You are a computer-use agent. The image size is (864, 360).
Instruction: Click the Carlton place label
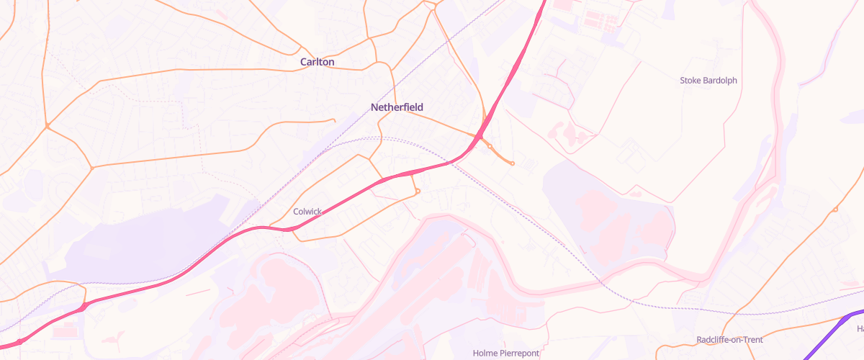point(318,62)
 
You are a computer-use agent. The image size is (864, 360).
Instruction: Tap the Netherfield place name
point(397,107)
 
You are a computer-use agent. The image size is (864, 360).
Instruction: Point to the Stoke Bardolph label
point(708,81)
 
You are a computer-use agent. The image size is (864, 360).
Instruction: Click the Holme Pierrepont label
point(506,353)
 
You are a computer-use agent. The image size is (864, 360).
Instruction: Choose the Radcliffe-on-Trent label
point(729,340)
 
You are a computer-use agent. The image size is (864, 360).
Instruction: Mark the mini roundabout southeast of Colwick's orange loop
point(418,191)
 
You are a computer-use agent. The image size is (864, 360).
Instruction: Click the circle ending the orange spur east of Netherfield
point(512,163)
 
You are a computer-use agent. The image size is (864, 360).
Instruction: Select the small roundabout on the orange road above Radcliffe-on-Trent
point(835,210)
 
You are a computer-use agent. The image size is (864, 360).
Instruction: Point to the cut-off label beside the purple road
point(860,329)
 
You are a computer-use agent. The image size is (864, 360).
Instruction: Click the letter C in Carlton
point(304,62)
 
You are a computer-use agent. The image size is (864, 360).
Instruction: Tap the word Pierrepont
point(518,353)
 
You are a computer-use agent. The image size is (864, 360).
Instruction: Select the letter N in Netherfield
point(374,107)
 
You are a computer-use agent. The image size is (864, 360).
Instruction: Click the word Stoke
point(690,81)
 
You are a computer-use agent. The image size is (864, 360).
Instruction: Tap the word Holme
point(485,353)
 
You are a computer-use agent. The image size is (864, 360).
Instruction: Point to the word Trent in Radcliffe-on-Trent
point(752,340)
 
